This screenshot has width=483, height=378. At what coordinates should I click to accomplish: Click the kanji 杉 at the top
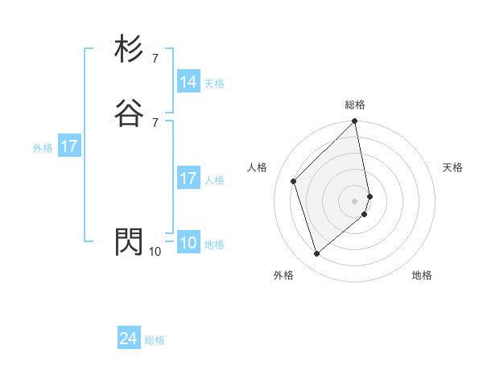click(x=130, y=50)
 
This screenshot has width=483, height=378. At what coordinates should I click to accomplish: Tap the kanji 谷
click(x=130, y=113)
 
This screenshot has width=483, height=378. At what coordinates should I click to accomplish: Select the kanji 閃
click(x=130, y=241)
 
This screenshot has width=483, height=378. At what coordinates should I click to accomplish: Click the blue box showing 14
click(x=188, y=82)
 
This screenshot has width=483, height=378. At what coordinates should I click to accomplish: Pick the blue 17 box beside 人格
click(x=188, y=179)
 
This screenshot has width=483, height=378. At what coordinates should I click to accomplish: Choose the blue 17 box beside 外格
click(x=69, y=146)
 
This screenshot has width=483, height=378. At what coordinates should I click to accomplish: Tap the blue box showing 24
click(x=129, y=339)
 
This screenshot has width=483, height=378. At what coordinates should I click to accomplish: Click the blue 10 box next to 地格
click(x=188, y=243)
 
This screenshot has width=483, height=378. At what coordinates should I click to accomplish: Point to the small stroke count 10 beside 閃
click(x=155, y=252)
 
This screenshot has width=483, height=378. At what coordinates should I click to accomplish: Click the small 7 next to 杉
click(x=155, y=59)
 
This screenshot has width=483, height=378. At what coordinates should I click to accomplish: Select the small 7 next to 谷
click(x=155, y=122)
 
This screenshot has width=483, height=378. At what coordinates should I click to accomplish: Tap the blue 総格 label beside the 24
click(x=155, y=341)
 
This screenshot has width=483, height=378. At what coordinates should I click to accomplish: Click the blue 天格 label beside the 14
click(x=214, y=84)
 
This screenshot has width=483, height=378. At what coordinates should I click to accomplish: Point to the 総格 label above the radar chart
click(x=355, y=105)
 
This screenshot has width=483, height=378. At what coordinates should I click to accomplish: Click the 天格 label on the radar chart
click(x=452, y=167)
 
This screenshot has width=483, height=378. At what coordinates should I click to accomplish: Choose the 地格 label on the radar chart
click(x=422, y=275)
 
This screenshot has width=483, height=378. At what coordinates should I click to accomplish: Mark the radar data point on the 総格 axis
click(x=355, y=122)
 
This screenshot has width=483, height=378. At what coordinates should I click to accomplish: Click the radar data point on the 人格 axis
click(x=294, y=181)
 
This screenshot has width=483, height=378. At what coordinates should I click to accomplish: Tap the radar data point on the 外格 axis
click(x=316, y=254)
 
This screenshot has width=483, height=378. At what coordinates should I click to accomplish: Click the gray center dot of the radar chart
click(x=355, y=200)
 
